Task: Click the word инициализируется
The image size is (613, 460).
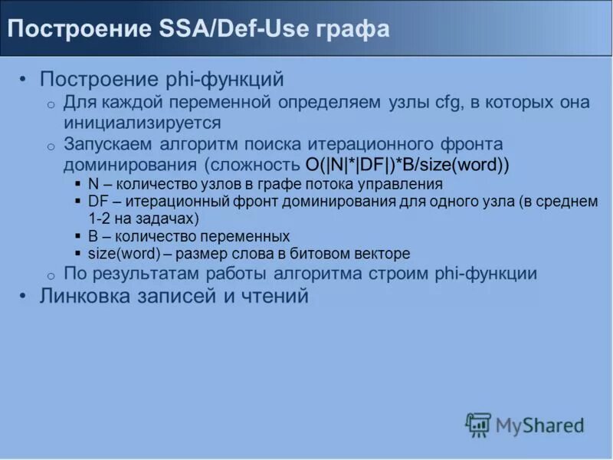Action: (142, 123)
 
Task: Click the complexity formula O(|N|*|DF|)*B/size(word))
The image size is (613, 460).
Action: (407, 165)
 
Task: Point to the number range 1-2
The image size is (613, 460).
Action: (100, 219)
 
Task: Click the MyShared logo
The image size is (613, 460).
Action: (524, 425)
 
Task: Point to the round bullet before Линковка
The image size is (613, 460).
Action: (24, 297)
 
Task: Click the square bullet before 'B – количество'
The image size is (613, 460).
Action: (79, 236)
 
